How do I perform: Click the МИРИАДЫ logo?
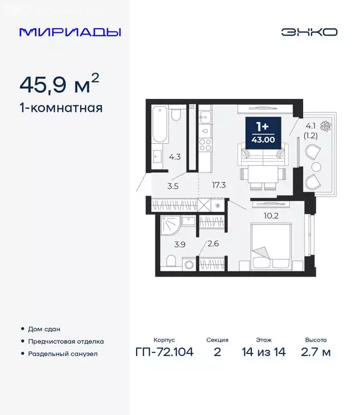(70, 32)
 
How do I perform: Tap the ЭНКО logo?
(309, 32)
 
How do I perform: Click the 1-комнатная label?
(61, 108)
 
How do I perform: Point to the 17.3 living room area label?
(219, 185)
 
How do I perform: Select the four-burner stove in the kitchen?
(205, 144)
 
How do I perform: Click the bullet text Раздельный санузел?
(63, 354)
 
